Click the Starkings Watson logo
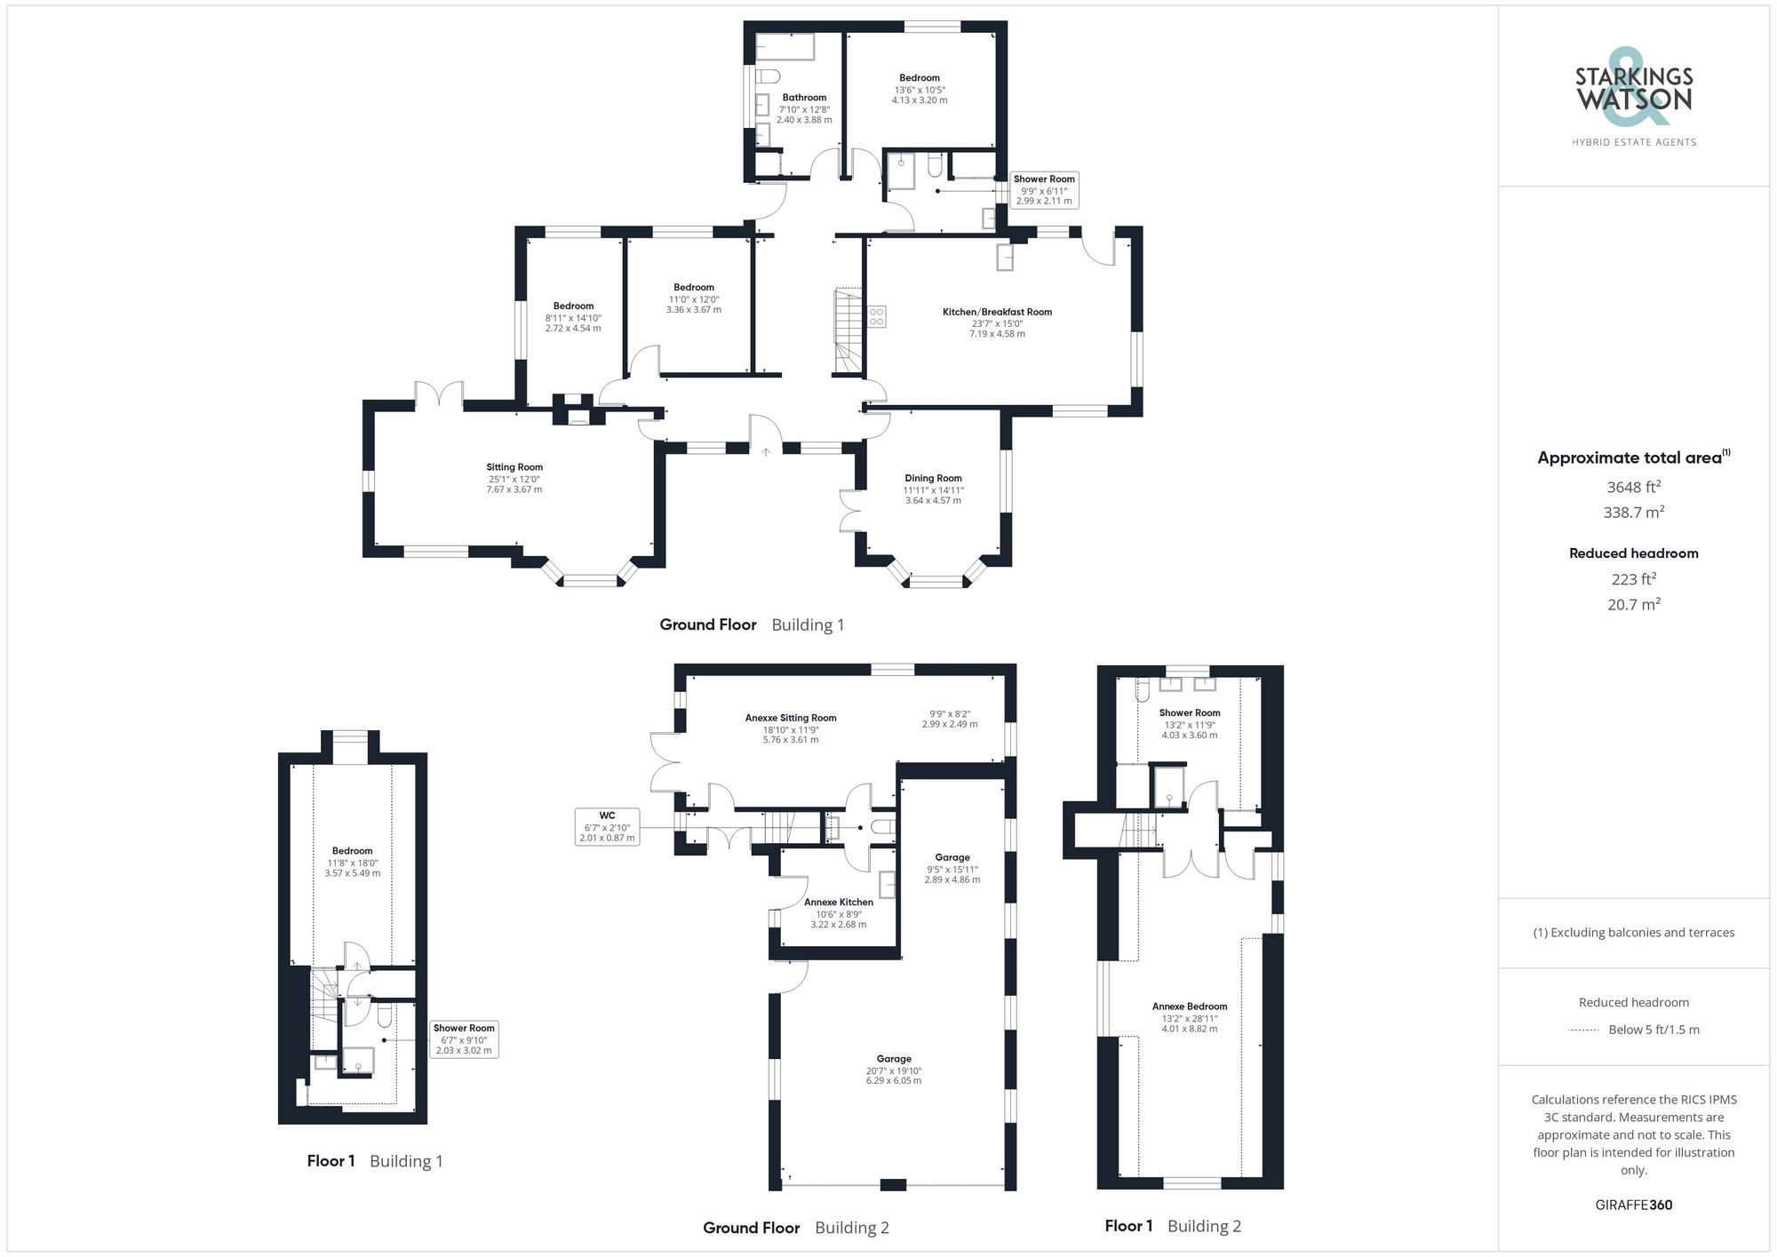coord(1633,91)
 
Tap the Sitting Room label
coord(514,467)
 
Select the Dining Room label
coord(933,478)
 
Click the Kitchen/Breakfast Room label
coord(997,312)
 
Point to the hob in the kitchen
coord(877,316)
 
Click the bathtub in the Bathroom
coord(785,47)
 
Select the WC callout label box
coord(607,826)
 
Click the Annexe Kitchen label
coord(839,902)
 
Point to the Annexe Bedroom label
coord(1190,1006)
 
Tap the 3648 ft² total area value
coord(1633,487)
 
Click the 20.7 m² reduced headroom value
coord(1633,604)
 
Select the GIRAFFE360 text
coord(1633,1205)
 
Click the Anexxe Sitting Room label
coord(791,718)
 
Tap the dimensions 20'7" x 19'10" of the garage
coord(894,1070)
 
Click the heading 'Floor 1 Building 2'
coord(1173,1226)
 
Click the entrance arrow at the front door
coord(766,452)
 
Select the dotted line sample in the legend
coord(1583,1030)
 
